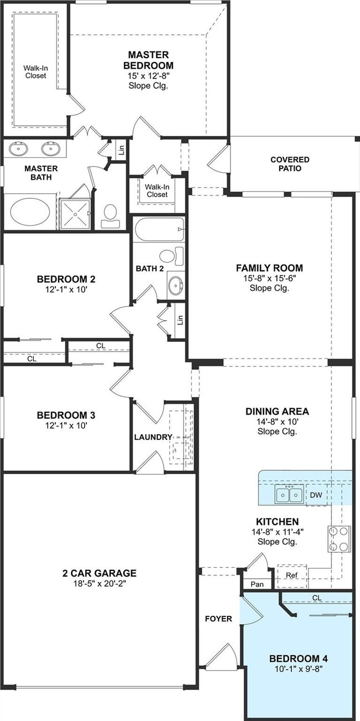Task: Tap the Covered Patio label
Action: coord(290,164)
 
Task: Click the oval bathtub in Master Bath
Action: coord(30,211)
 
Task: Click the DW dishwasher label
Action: coord(316,495)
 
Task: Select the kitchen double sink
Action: coord(289,493)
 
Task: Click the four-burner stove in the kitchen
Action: coord(339,539)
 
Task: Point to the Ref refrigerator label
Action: coord(291,575)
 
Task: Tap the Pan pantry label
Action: coord(257,584)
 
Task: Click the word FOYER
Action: coord(218,619)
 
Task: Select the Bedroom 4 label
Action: coord(299,658)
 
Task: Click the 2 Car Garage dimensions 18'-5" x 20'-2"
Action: coord(99,583)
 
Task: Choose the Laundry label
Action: coord(153,437)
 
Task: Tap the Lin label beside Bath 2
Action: coord(179,320)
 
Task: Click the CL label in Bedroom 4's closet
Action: coord(316,598)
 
